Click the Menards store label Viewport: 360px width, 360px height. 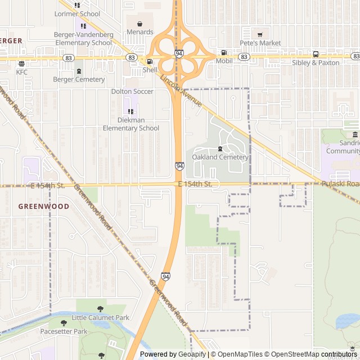(140, 32)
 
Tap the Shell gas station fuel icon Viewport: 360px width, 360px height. (150, 62)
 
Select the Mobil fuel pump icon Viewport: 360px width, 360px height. (224, 52)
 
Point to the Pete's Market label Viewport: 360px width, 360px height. (260, 43)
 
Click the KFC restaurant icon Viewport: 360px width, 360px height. (21, 64)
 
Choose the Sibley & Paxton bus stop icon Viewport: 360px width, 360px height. (316, 55)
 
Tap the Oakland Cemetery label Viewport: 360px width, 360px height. (220, 157)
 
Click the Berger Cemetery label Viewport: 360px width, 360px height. (79, 79)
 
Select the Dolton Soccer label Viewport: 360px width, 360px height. (132, 91)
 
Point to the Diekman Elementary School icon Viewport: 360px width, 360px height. (130, 111)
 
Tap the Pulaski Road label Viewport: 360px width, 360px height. (340, 184)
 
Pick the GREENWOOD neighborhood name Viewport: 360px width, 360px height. (44, 206)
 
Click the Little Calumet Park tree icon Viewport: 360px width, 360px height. (100, 309)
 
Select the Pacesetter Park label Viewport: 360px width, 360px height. (64, 332)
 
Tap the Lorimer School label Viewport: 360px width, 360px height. (77, 14)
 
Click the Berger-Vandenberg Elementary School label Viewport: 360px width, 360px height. (83, 39)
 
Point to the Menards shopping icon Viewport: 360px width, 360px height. (140, 24)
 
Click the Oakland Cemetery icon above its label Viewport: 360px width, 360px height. (220, 148)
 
